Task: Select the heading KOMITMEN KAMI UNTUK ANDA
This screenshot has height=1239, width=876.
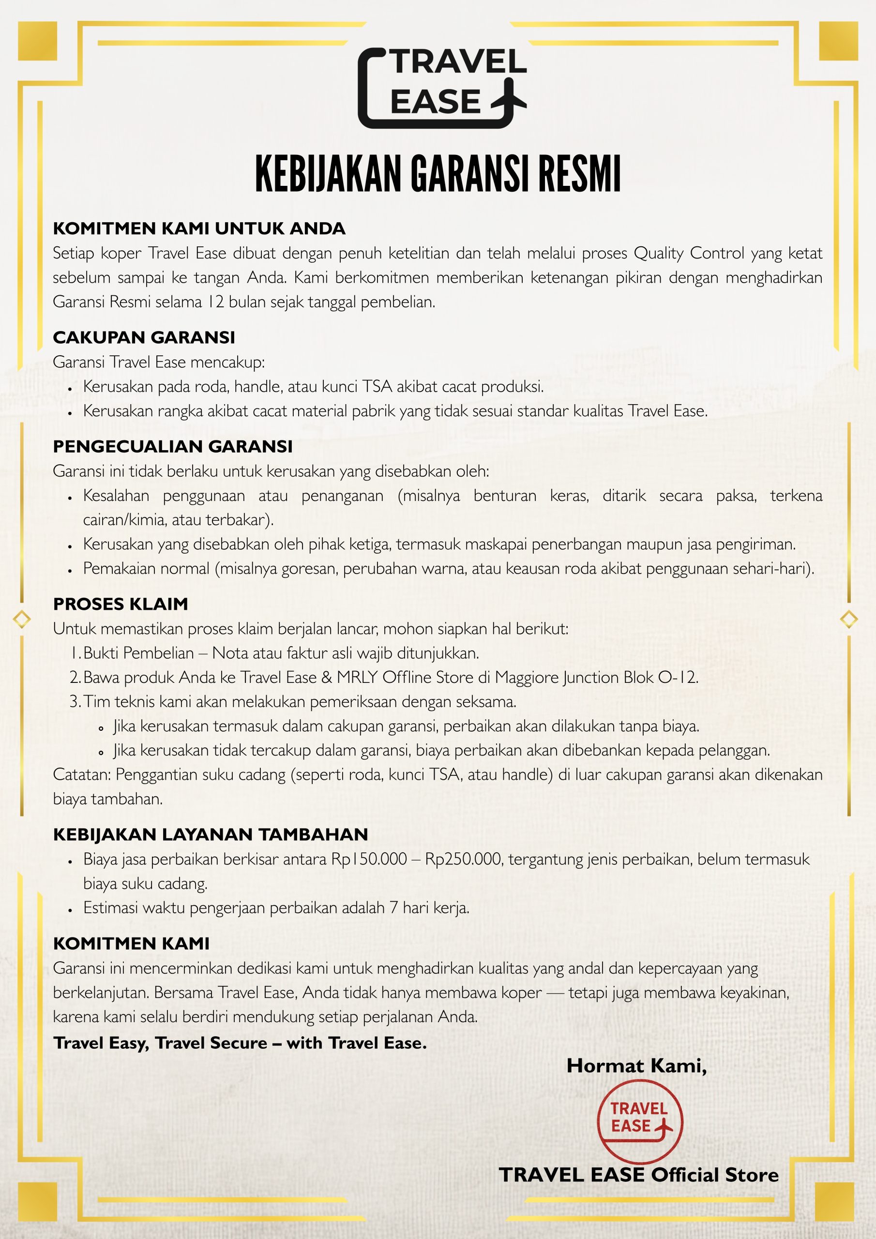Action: pyautogui.click(x=198, y=228)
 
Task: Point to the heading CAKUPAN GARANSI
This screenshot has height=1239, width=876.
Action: pyautogui.click(x=144, y=337)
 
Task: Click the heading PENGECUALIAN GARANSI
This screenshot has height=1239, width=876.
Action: pyautogui.click(x=172, y=446)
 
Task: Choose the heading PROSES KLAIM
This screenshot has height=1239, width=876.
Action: pyautogui.click(x=121, y=604)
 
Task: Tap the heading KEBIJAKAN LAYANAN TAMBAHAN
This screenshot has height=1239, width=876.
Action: pyautogui.click(x=210, y=834)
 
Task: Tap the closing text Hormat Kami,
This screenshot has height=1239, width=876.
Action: pyautogui.click(x=636, y=1066)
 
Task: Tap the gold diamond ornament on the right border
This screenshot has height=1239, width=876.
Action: pyautogui.click(x=849, y=619)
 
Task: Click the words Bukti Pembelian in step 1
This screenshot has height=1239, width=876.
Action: pyautogui.click(x=138, y=653)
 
